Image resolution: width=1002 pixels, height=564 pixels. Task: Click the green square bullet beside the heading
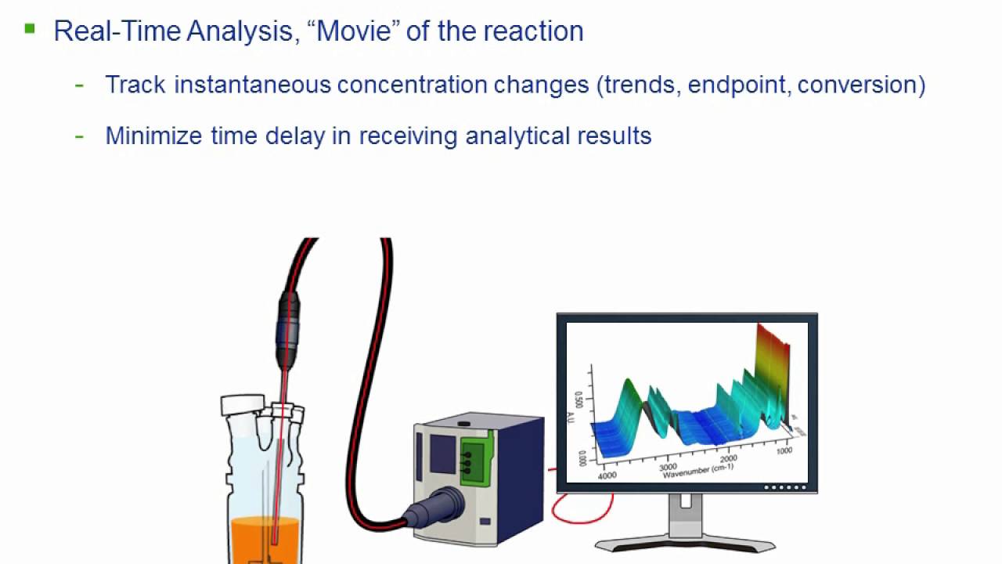(30, 29)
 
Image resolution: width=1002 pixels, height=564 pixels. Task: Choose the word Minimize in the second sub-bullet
(154, 136)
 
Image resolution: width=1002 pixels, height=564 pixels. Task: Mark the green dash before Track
(79, 85)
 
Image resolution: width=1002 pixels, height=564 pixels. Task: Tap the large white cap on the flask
(242, 405)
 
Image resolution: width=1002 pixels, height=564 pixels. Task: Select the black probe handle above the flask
(287, 329)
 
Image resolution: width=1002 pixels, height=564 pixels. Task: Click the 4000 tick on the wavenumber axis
(607, 475)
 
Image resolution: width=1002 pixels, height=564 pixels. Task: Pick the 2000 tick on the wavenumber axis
(728, 458)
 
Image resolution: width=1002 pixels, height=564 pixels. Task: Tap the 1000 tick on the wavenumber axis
(784, 450)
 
